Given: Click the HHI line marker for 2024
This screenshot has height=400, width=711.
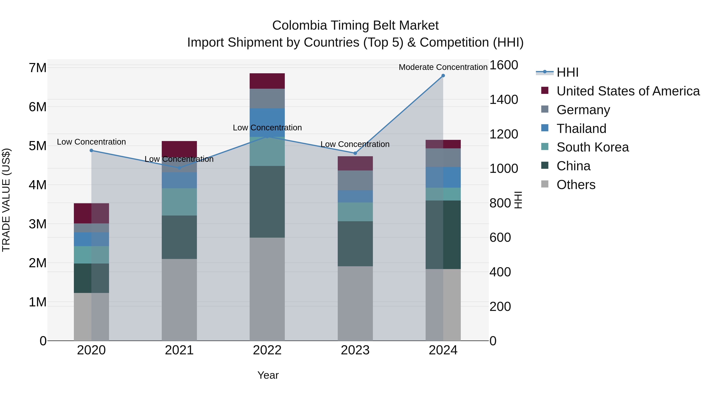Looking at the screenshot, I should click(443, 75).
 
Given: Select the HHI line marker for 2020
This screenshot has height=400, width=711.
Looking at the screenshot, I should click(91, 151).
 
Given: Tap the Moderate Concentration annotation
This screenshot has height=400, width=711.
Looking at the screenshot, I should click(443, 67).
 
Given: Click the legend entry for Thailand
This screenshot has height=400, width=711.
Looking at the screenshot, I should click(581, 128).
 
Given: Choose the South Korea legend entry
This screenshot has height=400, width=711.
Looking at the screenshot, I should click(592, 147).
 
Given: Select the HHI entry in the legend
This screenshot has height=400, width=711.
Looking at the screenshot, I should click(567, 72).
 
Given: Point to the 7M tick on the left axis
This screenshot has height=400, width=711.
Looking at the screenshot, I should click(38, 68).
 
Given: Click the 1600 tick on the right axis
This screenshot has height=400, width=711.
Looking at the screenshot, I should click(503, 65).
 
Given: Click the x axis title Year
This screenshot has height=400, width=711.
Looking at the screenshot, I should click(268, 375).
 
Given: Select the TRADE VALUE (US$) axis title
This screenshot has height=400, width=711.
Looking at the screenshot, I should click(6, 200).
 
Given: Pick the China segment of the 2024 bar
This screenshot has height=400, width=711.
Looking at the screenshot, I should click(443, 235).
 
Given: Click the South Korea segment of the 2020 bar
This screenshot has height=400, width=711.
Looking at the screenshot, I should click(91, 255).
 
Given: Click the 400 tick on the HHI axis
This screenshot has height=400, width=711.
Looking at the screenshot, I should click(500, 272).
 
